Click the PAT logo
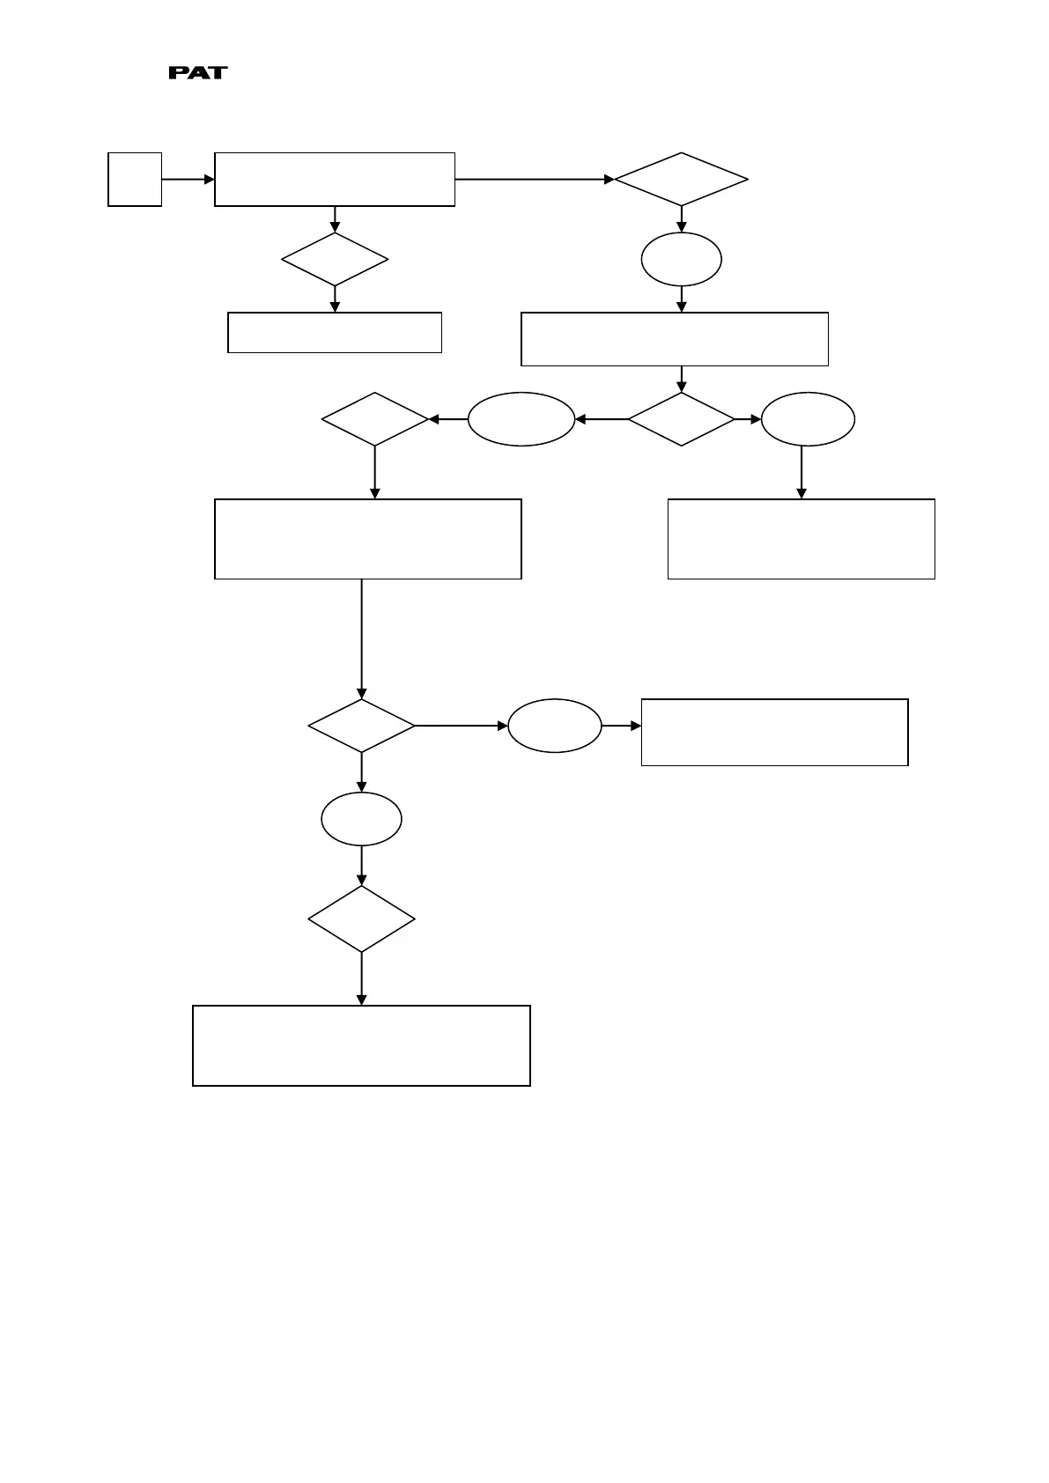pyautogui.click(x=198, y=73)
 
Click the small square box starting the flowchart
pyautogui.click(x=135, y=180)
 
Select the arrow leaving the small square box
pyautogui.click(x=188, y=180)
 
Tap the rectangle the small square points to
pyautogui.click(x=335, y=180)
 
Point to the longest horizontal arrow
pyautogui.click(x=534, y=180)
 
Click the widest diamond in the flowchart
pyautogui.click(x=681, y=180)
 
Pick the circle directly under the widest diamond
pyautogui.click(x=681, y=260)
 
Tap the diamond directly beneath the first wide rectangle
pyautogui.click(x=335, y=260)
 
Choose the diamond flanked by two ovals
pyautogui.click(x=681, y=419)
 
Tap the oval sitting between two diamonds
pyautogui.click(x=521, y=419)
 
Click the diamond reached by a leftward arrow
pyautogui.click(x=375, y=419)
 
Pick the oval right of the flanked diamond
pyautogui.click(x=808, y=419)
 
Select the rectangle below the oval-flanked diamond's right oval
pyautogui.click(x=801, y=539)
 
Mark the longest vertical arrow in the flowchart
pyautogui.click(x=362, y=638)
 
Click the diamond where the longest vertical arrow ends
pyautogui.click(x=362, y=727)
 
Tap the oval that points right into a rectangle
pyautogui.click(x=555, y=727)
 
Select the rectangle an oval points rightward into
pyautogui.click(x=774, y=733)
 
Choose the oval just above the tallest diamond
pyautogui.click(x=362, y=819)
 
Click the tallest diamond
pyautogui.click(x=362, y=919)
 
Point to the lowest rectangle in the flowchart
pyautogui.click(x=361, y=1045)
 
